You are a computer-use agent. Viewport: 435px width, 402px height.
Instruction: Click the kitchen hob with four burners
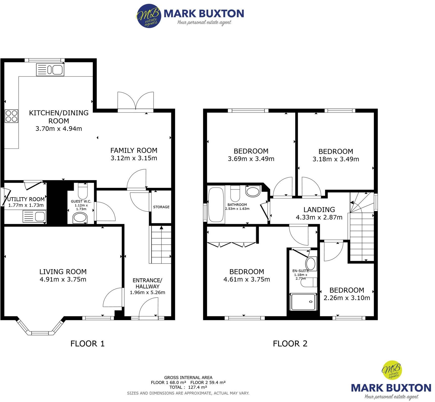coord(11,116)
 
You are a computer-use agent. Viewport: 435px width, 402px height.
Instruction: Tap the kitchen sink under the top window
coord(50,70)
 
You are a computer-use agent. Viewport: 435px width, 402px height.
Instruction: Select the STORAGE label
coord(161,207)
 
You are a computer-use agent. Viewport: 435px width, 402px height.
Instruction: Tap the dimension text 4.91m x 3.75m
coord(63,279)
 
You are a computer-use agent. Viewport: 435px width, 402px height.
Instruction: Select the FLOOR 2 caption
coord(290,343)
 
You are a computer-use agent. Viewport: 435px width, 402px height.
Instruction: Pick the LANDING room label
coord(319,209)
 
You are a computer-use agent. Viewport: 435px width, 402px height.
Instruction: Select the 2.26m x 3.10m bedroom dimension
coord(347,298)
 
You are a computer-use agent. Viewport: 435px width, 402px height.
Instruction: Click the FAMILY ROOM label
coord(134,150)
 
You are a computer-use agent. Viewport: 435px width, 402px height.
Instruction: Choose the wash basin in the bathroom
coord(253,192)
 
